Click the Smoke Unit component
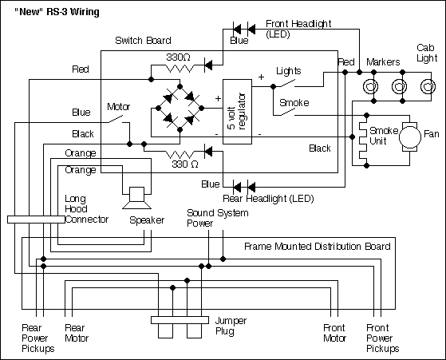click(x=366, y=144)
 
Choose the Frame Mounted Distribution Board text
click(x=317, y=247)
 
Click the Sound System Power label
click(x=217, y=219)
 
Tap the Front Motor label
click(x=334, y=332)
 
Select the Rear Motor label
click(x=77, y=332)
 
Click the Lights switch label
click(x=289, y=70)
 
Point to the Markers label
click(x=382, y=61)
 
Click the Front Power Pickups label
click(x=382, y=338)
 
